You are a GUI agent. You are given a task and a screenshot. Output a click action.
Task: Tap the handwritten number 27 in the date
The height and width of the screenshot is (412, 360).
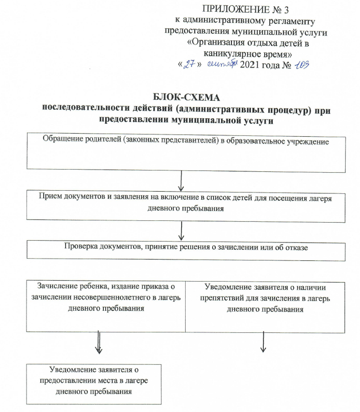(x=191, y=65)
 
